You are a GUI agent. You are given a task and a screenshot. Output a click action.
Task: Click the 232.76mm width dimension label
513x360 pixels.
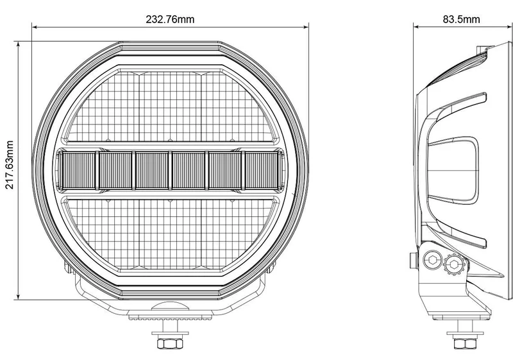coord(170,19)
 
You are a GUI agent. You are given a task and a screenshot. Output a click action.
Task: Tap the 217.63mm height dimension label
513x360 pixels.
coord(10,165)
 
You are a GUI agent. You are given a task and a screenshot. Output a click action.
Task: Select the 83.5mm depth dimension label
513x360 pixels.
coord(461,19)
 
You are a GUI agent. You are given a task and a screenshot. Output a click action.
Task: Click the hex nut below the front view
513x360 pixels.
coord(170,343)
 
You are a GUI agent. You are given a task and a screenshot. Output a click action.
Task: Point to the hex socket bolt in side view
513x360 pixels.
coord(433,261)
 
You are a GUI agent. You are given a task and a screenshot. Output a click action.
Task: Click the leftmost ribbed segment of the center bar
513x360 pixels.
coord(79,170)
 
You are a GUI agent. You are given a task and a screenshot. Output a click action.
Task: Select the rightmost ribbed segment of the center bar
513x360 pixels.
coord(262,170)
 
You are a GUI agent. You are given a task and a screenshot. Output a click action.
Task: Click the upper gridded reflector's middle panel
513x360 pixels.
coord(170,107)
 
